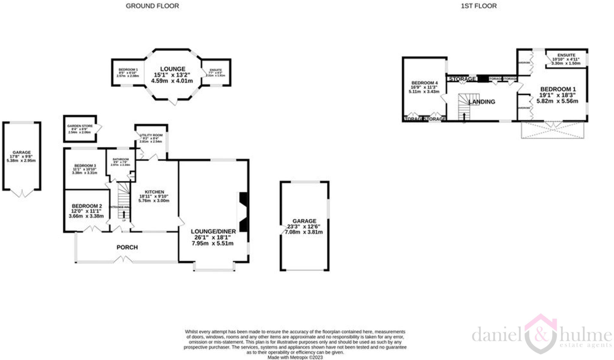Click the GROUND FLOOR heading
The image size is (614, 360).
pos(152,6)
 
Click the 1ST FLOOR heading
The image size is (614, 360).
pos(478,6)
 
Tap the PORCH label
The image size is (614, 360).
pos(127,247)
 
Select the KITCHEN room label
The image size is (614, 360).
pos(154,192)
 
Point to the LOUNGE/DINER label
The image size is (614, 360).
pos(213,231)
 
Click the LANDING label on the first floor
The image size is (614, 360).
pos(481,102)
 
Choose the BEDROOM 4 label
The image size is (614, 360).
pos(424,83)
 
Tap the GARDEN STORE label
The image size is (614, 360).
pos(80,126)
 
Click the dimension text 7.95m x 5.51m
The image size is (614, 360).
pos(213,243)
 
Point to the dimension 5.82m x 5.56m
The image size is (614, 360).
pos(557,101)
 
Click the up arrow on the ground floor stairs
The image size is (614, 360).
pos(124,214)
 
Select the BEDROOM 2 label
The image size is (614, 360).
pos(87,206)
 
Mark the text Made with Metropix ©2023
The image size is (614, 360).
pos(295,357)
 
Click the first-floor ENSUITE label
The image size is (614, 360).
pos(566,55)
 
